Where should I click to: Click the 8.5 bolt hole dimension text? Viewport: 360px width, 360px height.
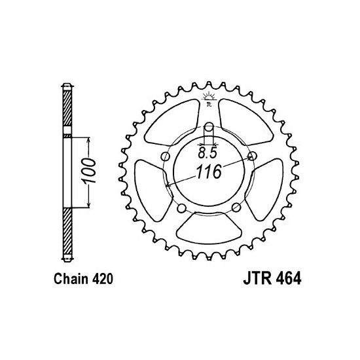click(209, 156)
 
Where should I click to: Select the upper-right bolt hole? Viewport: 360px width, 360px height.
click(252, 157)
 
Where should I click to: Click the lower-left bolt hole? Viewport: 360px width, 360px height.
click(181, 209)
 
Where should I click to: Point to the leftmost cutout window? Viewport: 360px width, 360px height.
click(146, 189)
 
